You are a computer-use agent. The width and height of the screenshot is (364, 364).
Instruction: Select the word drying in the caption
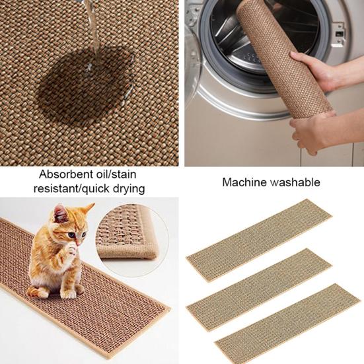(x=126, y=189)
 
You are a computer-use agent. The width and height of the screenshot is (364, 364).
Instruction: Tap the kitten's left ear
(x=61, y=213)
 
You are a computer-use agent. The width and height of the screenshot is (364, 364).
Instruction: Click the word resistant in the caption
(x=58, y=189)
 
